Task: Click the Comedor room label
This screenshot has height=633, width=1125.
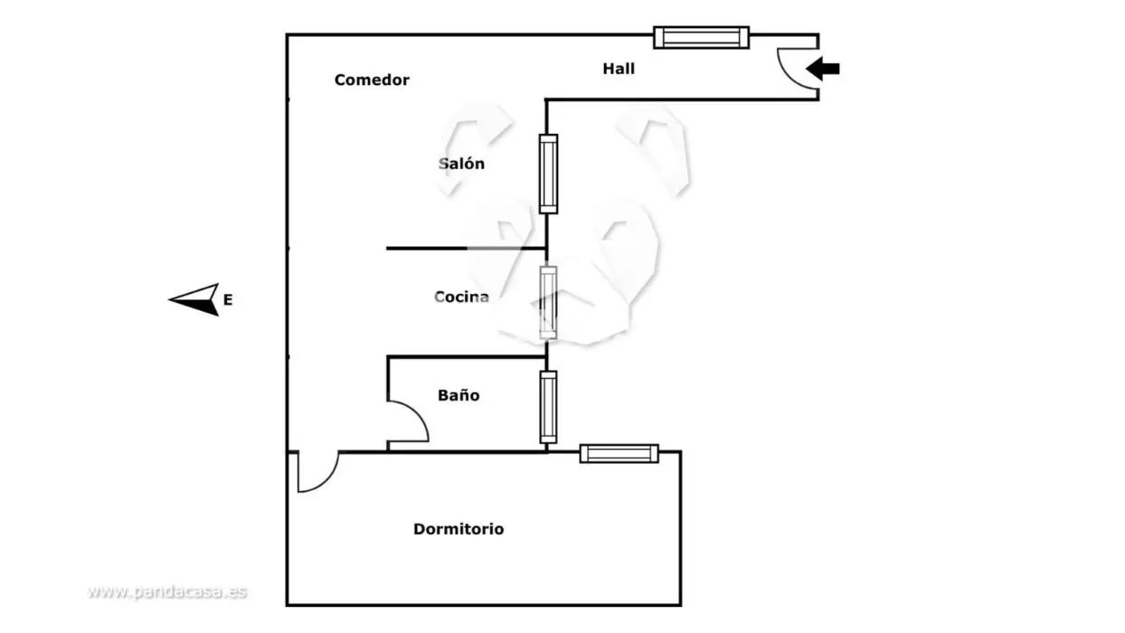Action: point(372,80)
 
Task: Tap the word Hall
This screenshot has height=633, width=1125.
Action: point(619,69)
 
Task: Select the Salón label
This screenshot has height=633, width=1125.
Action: point(461,164)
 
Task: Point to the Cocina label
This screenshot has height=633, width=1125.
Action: point(461,297)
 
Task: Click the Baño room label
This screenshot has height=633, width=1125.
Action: point(459,395)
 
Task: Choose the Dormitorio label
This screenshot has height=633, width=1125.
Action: point(459,529)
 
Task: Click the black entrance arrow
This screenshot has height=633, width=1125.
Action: point(823,69)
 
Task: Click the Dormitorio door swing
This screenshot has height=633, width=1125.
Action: point(326,481)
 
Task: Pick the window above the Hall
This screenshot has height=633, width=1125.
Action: point(701,38)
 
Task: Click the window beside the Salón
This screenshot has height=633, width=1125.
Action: point(548,174)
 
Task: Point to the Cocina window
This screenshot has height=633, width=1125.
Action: point(548,302)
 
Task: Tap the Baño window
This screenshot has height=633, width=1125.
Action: point(548,408)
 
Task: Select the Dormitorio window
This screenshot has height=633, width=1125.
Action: point(619,454)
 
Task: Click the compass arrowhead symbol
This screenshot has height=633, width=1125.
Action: point(198,300)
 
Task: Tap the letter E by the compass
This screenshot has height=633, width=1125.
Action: point(228,300)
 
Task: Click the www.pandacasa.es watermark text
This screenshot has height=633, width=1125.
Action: point(166,591)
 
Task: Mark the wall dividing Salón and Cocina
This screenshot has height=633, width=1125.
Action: point(466,248)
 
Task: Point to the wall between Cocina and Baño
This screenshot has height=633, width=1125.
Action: point(467,357)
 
